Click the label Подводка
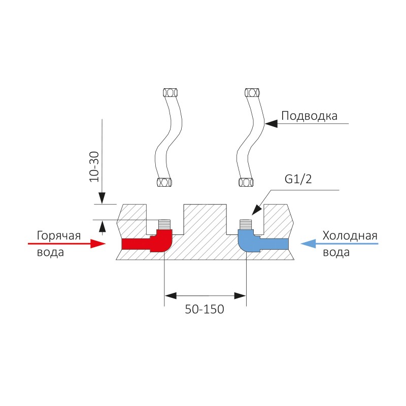pyautogui.click(x=310, y=116)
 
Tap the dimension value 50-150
pyautogui.click(x=205, y=309)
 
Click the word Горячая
pyautogui.click(x=59, y=235)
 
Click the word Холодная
pyautogui.click(x=350, y=235)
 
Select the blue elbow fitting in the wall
pyautogui.click(x=259, y=243)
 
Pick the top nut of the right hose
pyautogui.click(x=252, y=92)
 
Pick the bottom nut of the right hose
pyautogui.click(x=246, y=182)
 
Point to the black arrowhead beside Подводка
pyautogui.click(x=273, y=123)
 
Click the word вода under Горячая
pyautogui.click(x=50, y=252)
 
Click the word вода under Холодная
pyautogui.click(x=336, y=252)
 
